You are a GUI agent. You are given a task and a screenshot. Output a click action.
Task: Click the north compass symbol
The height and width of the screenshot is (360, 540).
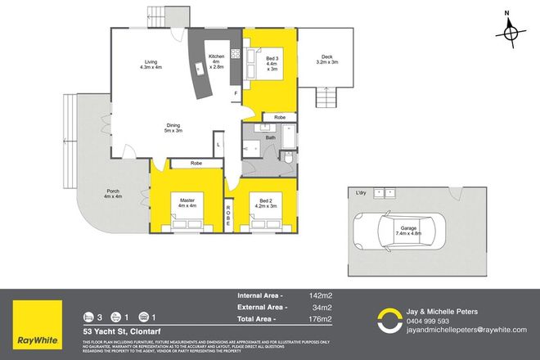(x=512, y=30)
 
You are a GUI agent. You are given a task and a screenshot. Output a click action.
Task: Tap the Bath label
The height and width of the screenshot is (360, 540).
(x=270, y=137)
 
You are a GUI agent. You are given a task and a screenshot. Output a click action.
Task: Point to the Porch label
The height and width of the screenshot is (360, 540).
(x=112, y=192)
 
